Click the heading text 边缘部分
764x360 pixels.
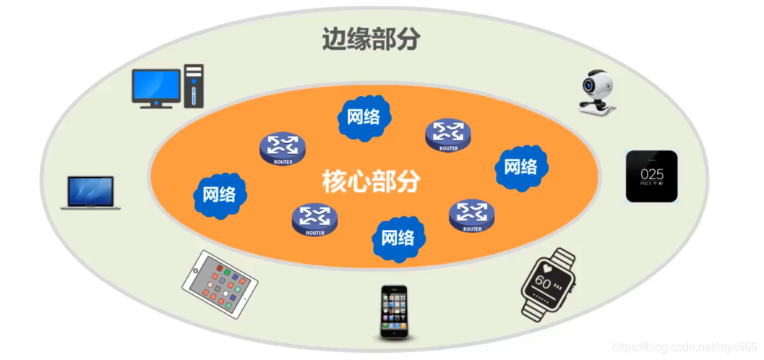pyautogui.click(x=371, y=39)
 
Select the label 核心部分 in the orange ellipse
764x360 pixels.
pyautogui.click(x=371, y=181)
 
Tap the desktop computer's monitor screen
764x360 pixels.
pyautogui.click(x=155, y=85)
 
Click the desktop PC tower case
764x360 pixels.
pyautogui.click(x=194, y=85)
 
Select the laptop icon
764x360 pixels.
pyautogui.click(x=90, y=192)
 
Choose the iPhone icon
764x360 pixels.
pyautogui.click(x=394, y=312)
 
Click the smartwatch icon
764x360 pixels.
pyautogui.click(x=548, y=284)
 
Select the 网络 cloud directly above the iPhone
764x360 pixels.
pyautogui.click(x=398, y=238)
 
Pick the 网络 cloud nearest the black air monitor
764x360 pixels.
pyautogui.click(x=520, y=166)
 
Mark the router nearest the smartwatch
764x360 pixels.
pyautogui.click(x=472, y=215)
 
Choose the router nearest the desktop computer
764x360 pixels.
pyautogui.click(x=283, y=149)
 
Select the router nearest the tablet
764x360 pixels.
pyautogui.click(x=314, y=219)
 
